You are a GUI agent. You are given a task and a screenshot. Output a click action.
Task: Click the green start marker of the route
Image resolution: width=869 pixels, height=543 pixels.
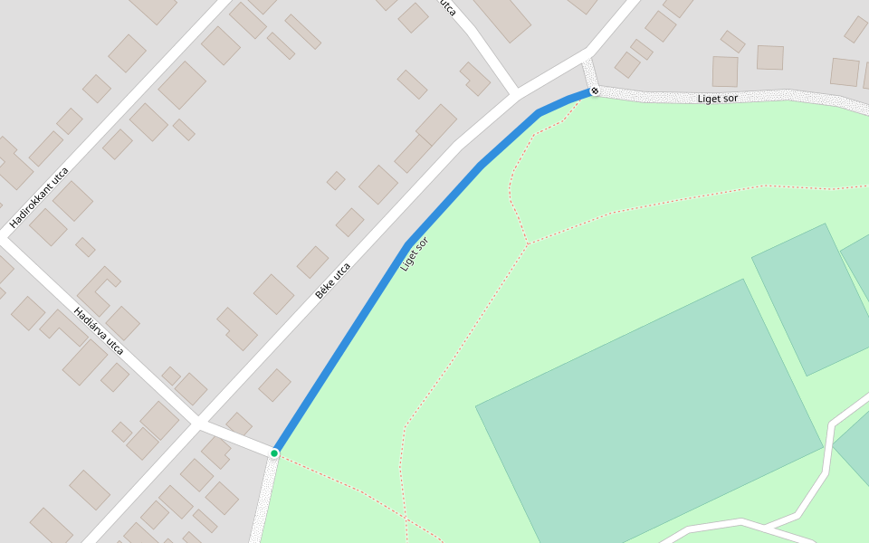(x=274, y=452)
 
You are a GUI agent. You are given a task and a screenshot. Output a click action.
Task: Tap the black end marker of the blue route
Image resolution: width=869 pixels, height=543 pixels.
(x=595, y=90)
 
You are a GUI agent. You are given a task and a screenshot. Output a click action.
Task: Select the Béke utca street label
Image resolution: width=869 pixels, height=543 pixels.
(x=332, y=281)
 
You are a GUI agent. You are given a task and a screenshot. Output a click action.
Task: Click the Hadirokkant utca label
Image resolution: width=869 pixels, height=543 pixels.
(x=39, y=197)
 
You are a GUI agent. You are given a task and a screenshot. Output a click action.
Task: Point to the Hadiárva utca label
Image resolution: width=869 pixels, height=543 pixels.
(x=99, y=330)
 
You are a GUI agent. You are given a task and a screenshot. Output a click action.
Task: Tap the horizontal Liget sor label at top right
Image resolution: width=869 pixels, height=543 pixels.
(x=717, y=99)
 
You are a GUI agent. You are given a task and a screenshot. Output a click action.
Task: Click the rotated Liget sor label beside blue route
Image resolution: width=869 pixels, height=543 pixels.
(x=414, y=253)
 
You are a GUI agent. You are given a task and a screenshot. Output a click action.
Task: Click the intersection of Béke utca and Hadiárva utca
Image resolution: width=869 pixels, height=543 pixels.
(x=196, y=422)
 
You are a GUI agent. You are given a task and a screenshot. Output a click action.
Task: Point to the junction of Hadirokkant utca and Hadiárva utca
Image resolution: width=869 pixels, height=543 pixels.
(x=5, y=238)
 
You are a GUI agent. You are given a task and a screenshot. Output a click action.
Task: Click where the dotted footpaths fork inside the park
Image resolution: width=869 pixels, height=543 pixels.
(x=528, y=243)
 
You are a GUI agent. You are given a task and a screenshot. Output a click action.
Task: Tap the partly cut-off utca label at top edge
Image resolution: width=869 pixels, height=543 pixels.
(x=447, y=7)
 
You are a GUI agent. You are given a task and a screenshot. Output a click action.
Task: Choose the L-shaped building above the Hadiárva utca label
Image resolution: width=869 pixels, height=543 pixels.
(x=98, y=288)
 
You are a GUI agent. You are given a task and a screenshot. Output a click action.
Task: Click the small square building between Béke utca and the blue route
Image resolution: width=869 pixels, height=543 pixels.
(x=274, y=385)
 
